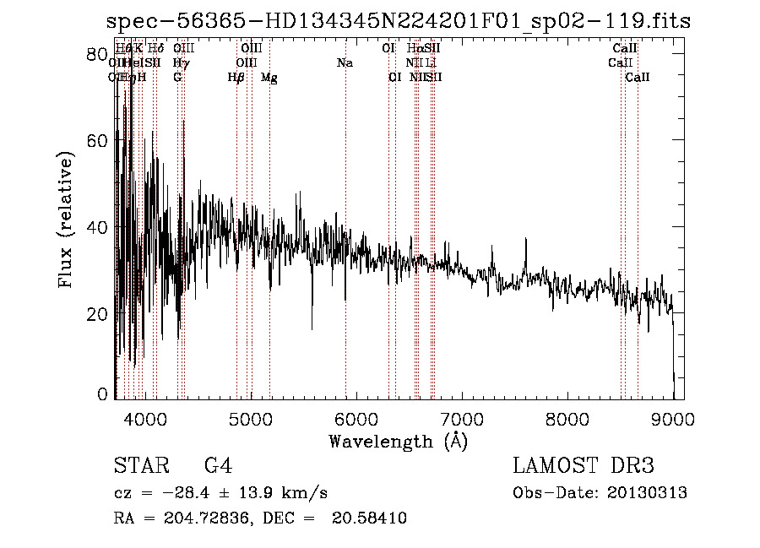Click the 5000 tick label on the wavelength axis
coord(250,419)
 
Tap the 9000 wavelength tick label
coord(674,419)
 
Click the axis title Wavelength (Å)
coord(398,441)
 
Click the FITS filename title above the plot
coord(398,20)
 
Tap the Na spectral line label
coord(345,63)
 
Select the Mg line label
coord(269,78)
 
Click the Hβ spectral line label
coord(236,78)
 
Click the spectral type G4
coord(218,466)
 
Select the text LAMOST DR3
coord(584,466)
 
